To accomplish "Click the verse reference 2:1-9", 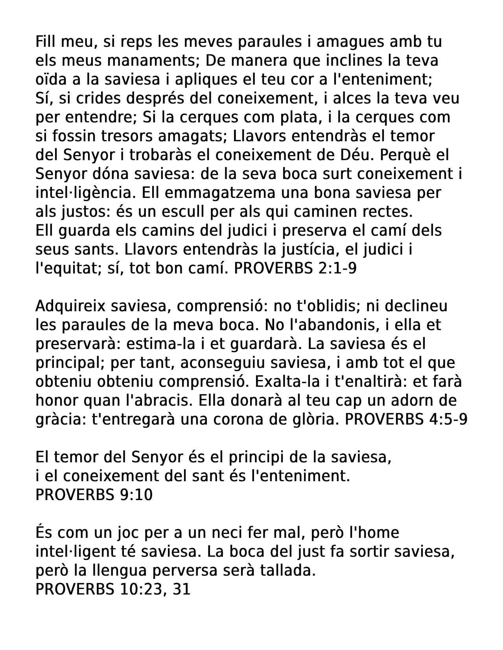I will pyautogui.click(x=336, y=268).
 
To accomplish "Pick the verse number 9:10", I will pyautogui.click(x=135, y=495).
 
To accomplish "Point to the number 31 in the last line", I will pyautogui.click(x=181, y=589).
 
